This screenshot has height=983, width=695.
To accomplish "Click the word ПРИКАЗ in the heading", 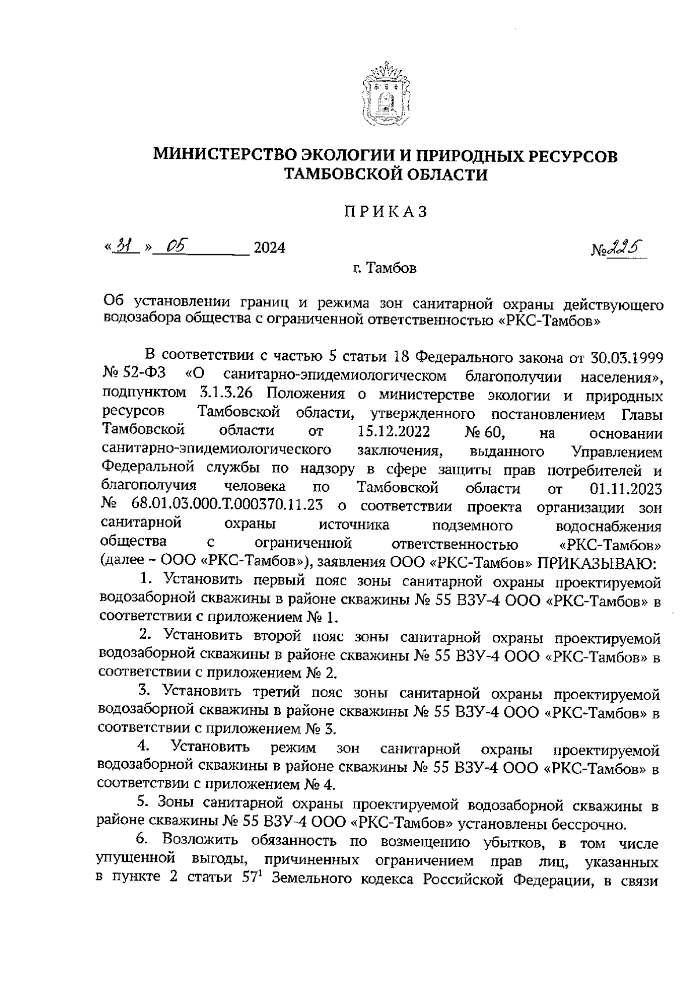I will [385, 212].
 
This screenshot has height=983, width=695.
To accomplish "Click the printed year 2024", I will [269, 249].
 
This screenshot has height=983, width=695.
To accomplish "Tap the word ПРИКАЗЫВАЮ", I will [597, 562].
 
